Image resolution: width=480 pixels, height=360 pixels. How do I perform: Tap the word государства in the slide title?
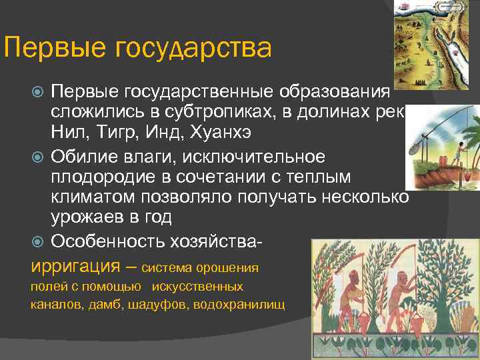click(x=193, y=48)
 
